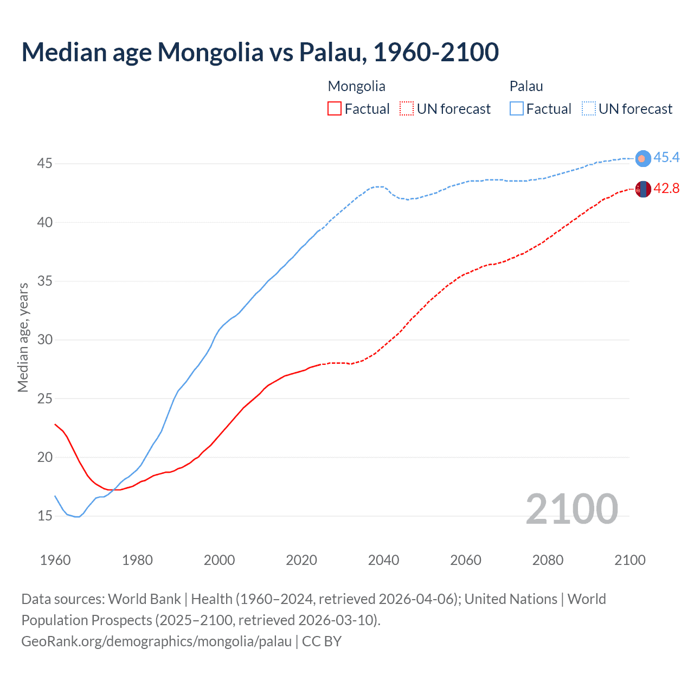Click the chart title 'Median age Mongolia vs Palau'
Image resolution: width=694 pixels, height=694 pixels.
260,52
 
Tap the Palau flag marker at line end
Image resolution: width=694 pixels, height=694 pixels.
642,158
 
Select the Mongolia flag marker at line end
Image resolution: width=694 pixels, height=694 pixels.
642,189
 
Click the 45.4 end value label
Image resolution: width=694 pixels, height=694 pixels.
666,158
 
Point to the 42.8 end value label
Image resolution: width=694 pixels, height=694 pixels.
666,189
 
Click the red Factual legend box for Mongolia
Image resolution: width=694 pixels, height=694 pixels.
335,109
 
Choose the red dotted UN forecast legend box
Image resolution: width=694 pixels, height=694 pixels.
407,109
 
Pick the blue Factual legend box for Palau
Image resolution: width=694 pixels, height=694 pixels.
517,109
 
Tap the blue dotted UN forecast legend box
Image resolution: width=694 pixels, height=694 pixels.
589,109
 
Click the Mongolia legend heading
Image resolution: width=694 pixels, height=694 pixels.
356,86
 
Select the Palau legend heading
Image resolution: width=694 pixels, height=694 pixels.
526,86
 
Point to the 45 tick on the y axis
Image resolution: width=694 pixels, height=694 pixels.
44,164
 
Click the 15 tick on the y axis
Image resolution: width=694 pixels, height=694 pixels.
44,516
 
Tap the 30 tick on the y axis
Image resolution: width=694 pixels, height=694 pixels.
44,340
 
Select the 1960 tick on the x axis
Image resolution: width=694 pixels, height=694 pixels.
55,560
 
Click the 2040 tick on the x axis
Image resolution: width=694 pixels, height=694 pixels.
383,560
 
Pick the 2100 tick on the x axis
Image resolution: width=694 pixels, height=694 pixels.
630,560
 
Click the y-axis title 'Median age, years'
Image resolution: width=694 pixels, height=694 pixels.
23,337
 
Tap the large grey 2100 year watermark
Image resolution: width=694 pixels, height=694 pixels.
571,509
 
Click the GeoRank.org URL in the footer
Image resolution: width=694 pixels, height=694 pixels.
157,641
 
